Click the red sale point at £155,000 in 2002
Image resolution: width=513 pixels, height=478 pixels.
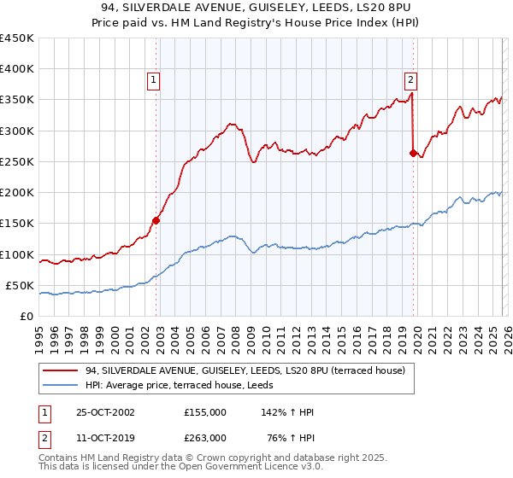[156, 220]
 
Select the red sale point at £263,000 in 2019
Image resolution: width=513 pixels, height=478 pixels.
[413, 154]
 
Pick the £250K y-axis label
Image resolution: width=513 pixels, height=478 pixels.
[17, 161]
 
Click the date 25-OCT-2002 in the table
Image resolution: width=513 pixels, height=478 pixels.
[102, 412]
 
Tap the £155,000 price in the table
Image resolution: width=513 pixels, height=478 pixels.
[205, 412]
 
